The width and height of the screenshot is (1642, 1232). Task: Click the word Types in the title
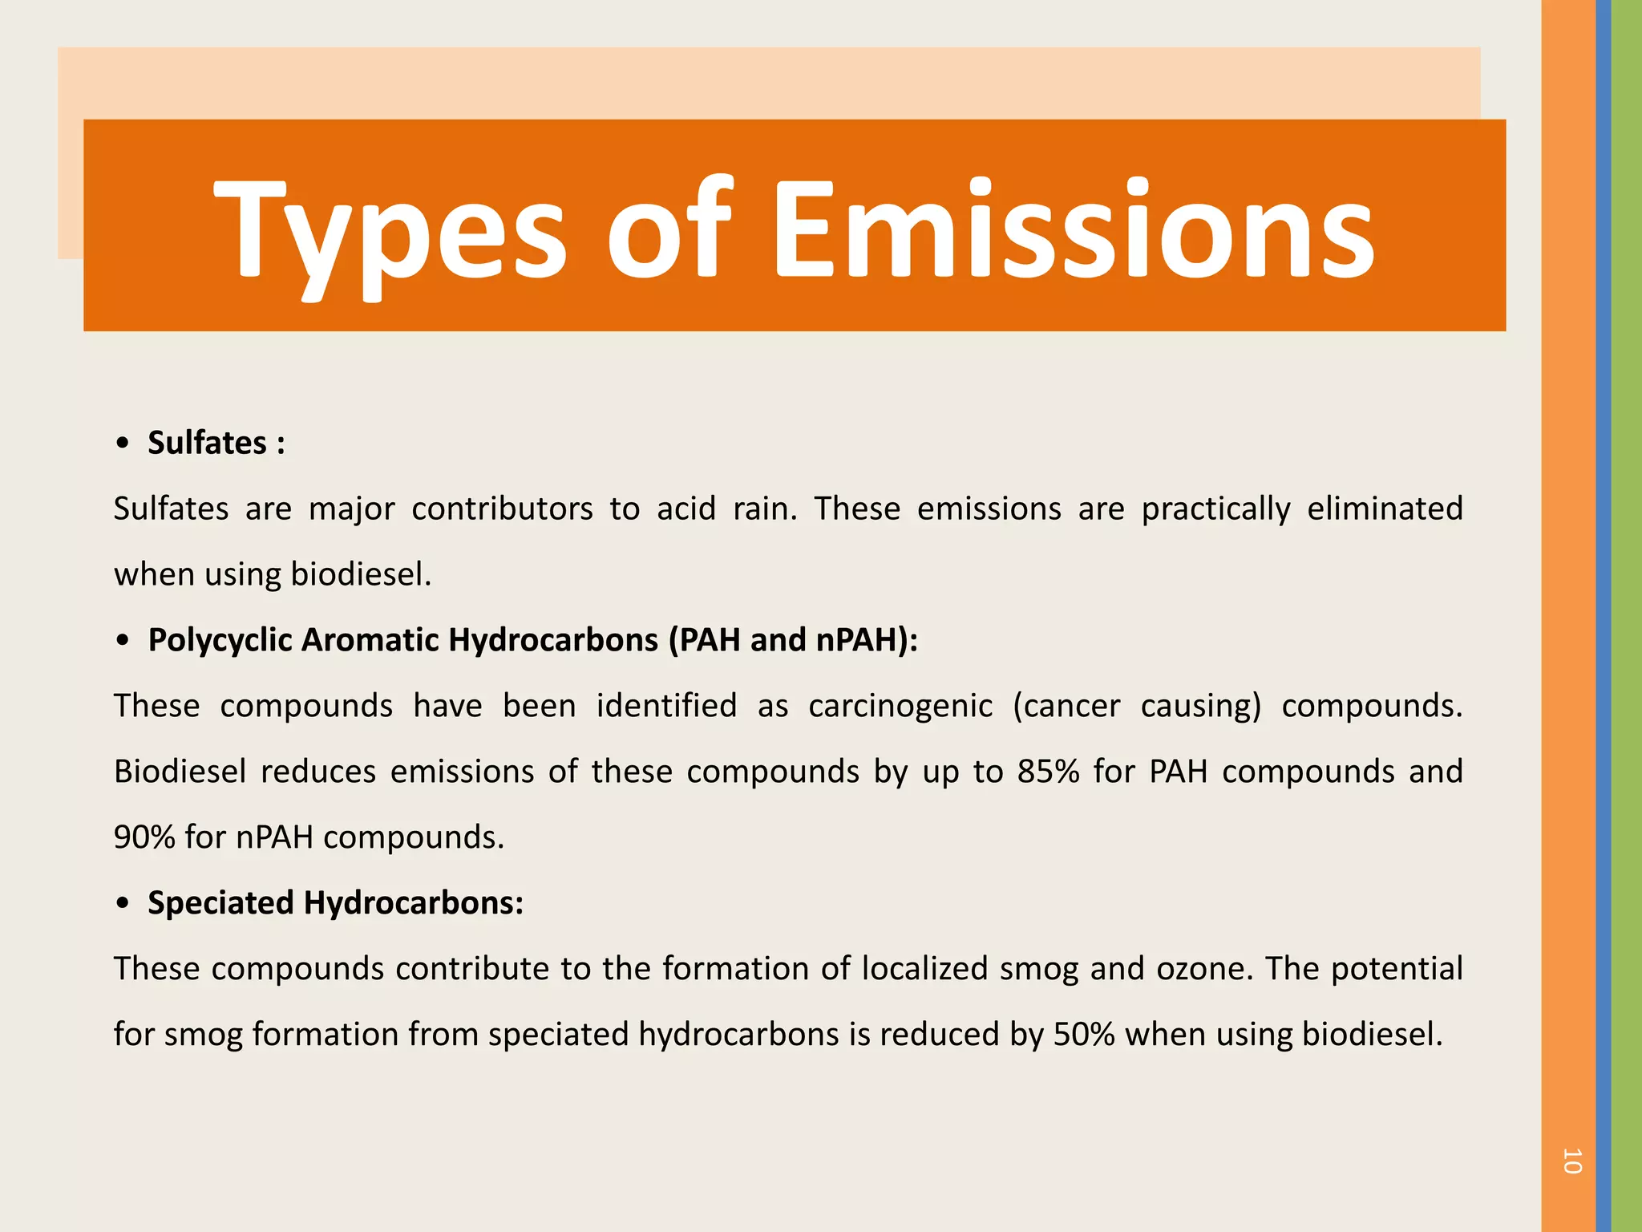tap(390, 231)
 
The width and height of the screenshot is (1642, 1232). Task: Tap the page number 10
tap(1571, 1161)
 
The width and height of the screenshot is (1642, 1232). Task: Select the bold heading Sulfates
tap(207, 444)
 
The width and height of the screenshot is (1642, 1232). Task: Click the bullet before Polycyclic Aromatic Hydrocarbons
tap(122, 641)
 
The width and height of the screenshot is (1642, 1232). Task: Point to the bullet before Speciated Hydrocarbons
tap(122, 904)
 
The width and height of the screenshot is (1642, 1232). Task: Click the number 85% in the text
tap(1048, 772)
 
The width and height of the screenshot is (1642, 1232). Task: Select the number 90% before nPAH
tap(144, 837)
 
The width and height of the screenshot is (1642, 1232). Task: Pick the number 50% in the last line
tap(1084, 1035)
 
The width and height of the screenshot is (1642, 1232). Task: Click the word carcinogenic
tap(900, 707)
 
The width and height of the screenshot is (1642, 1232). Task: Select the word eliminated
tap(1385, 509)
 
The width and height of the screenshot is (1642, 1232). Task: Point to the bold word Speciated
tap(220, 904)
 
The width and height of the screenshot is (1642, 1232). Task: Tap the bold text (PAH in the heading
tap(704, 641)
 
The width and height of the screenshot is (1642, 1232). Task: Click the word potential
tap(1397, 969)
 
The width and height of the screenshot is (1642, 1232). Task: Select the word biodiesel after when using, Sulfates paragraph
tap(360, 575)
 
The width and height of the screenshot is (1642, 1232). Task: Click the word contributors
tap(502, 509)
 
